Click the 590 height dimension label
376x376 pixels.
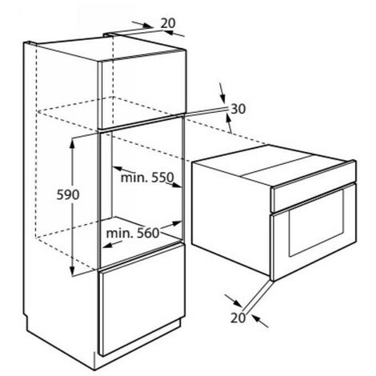(x=68, y=194)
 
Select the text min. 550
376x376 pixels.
(x=147, y=177)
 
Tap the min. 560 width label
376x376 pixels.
(x=133, y=234)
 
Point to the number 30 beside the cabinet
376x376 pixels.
(x=238, y=109)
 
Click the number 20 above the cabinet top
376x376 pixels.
(x=168, y=23)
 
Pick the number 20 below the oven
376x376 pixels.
(x=238, y=318)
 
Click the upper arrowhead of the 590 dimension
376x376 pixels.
(x=72, y=142)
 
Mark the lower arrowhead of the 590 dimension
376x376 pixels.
(x=72, y=271)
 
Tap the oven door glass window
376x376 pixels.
(x=316, y=223)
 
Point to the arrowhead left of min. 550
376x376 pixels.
(x=118, y=169)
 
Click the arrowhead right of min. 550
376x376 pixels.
(x=177, y=185)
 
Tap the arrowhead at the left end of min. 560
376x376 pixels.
(x=108, y=245)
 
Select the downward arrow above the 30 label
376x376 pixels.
(x=222, y=93)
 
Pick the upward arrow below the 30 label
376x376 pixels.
(x=229, y=122)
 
